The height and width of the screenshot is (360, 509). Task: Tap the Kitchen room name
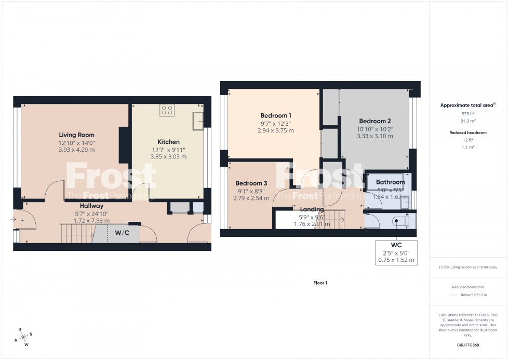click(x=168, y=142)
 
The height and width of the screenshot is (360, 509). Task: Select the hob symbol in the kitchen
click(x=167, y=110)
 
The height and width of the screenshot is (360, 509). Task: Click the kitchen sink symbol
click(x=198, y=122)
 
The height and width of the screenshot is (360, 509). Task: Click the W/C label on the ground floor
click(x=123, y=233)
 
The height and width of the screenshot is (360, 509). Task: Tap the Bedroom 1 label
click(x=275, y=115)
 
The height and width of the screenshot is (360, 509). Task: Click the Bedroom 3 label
click(x=251, y=183)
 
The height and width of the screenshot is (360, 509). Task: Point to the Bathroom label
click(x=390, y=182)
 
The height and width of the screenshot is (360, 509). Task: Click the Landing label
click(x=312, y=209)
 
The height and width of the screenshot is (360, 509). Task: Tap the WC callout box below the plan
click(x=396, y=252)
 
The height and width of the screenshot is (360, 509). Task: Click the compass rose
click(x=24, y=337)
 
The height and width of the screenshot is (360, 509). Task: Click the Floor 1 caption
click(x=320, y=283)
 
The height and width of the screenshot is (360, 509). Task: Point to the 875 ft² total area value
click(x=468, y=113)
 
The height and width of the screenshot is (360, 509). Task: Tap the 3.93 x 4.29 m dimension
click(x=76, y=150)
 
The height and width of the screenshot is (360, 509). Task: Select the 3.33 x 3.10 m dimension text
click(x=374, y=136)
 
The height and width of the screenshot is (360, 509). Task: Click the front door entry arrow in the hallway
click(x=13, y=219)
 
